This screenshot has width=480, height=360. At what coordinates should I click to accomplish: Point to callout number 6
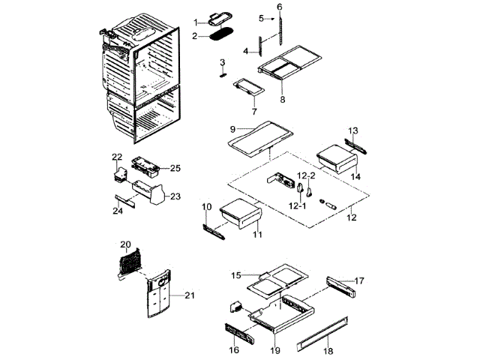(x=280, y=7)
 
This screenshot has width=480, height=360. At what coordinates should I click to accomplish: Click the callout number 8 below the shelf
(x=282, y=99)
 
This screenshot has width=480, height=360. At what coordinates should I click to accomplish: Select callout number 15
(x=235, y=275)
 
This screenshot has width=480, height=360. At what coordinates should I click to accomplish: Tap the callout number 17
(x=359, y=280)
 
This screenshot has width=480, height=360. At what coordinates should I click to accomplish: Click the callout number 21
(x=190, y=295)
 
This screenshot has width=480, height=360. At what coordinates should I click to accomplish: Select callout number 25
(x=175, y=167)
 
